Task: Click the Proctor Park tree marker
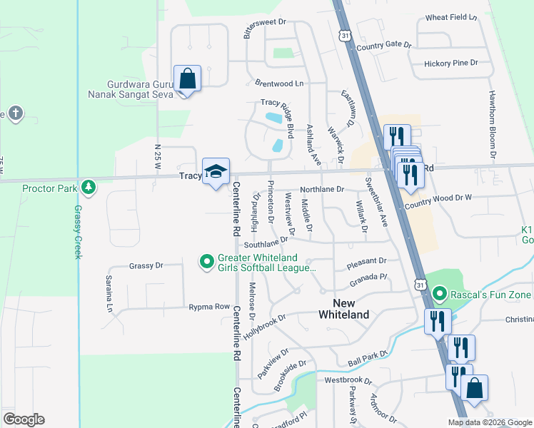point(88,188)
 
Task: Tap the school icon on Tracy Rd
point(216,172)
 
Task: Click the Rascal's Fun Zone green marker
point(440,293)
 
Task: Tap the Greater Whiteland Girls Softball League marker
point(207,262)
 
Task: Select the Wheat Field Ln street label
point(450,17)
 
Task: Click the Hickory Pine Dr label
point(450,63)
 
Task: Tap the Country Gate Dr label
point(384,46)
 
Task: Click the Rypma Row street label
point(208,307)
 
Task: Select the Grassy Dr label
point(146,265)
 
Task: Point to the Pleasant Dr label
point(366,262)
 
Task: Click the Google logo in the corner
point(24,419)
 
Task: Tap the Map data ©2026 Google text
point(489,422)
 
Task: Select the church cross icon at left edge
point(14,113)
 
